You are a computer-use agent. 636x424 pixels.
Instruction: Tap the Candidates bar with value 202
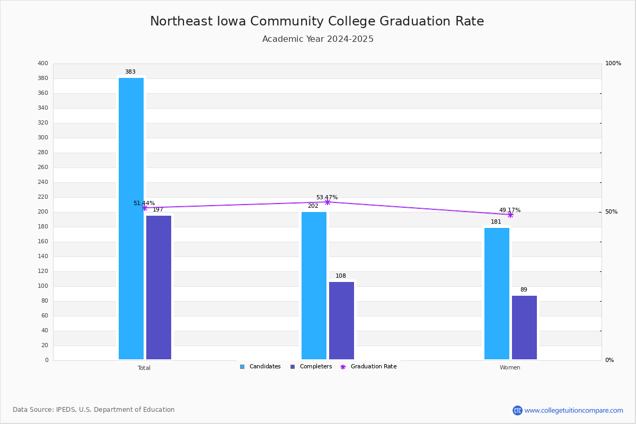coord(314,286)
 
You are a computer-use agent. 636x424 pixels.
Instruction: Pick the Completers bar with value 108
coord(341,321)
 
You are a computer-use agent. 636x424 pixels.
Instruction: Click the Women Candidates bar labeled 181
coord(497,294)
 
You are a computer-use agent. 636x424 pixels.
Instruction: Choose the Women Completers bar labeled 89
coord(524,328)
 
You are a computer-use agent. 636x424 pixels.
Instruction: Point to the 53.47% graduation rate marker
coord(328,202)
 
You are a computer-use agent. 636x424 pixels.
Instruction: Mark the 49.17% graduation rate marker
coord(510,215)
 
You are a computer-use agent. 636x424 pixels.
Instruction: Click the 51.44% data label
coord(144,203)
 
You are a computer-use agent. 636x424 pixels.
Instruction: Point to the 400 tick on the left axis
coord(43,64)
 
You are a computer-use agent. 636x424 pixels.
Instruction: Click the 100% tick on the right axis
coord(613,64)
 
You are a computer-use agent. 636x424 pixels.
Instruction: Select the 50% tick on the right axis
coord(611,212)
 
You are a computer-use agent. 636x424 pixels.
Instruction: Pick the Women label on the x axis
coord(510,368)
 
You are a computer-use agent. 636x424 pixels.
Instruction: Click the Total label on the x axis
coord(144,368)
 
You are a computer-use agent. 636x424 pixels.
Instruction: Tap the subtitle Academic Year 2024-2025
coord(318,39)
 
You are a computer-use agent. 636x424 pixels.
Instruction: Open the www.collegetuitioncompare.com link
coord(573,410)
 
